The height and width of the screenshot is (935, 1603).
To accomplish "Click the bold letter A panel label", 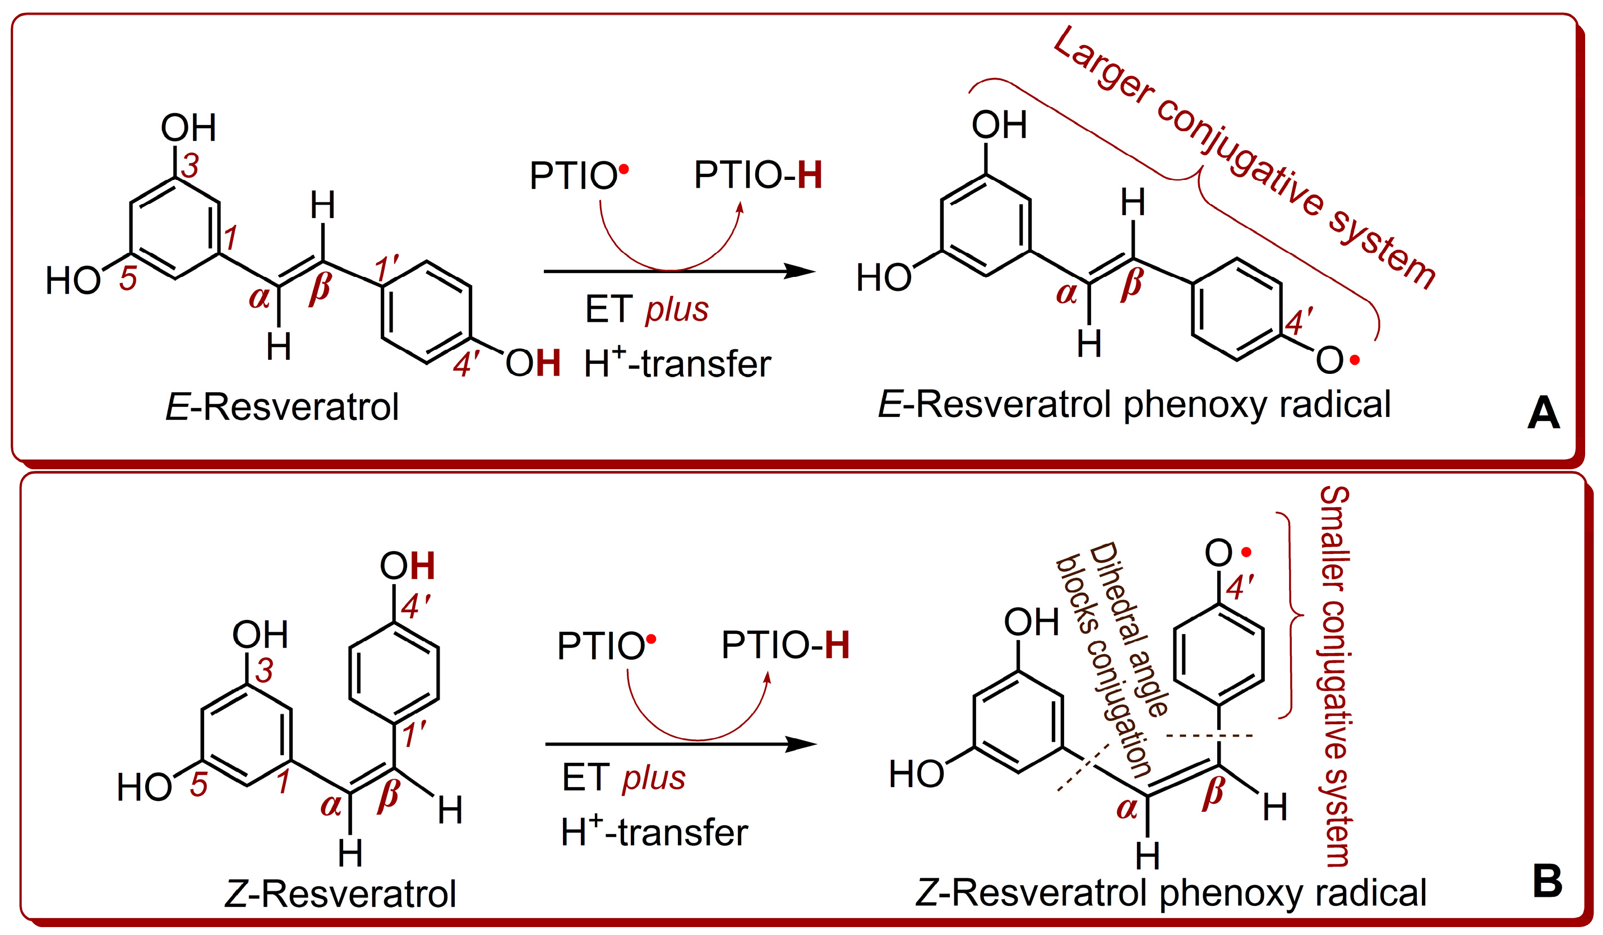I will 1543,414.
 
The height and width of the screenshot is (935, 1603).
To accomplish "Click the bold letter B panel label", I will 1547,882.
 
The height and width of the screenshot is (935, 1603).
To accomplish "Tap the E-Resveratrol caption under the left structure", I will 282,407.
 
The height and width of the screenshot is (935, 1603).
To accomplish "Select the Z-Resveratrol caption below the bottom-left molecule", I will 340,894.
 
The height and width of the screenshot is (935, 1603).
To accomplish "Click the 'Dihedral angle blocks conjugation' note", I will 1113,658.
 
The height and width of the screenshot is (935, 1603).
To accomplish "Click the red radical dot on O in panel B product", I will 1246,552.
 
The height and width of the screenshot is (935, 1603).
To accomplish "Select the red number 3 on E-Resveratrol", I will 190,166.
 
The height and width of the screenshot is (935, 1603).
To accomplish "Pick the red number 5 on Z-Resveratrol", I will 198,785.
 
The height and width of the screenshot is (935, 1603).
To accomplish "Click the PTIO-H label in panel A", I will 757,175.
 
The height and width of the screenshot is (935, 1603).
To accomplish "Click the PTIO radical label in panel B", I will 604,646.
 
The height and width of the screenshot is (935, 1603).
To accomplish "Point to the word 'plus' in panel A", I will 677,311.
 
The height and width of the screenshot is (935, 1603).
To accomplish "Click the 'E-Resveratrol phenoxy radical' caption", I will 1134,405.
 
